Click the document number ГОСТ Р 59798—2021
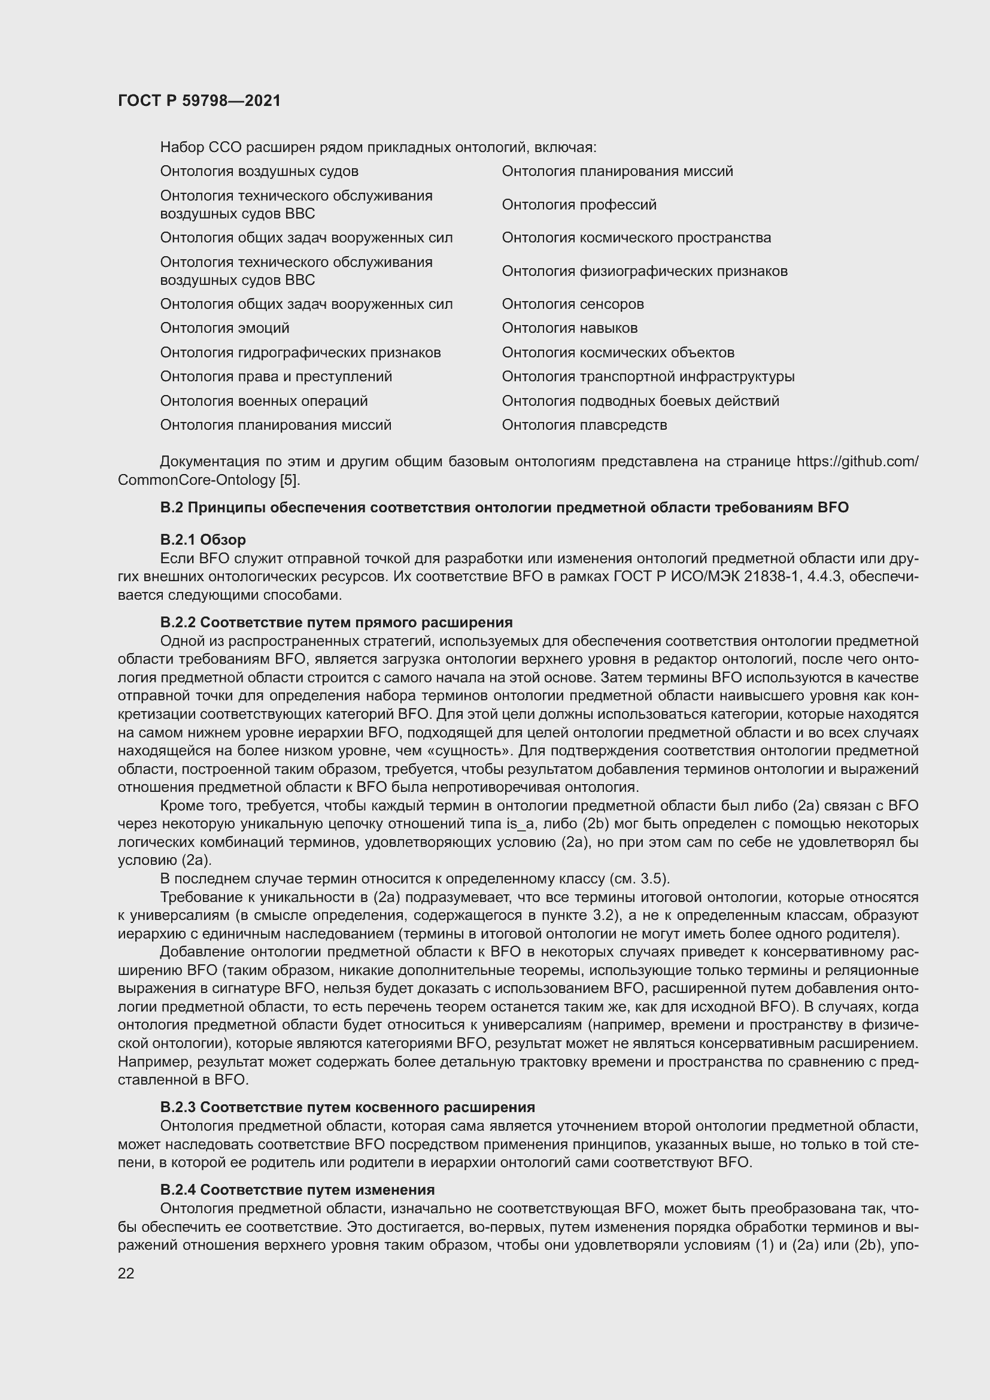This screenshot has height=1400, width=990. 199,101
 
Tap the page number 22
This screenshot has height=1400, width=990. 126,1273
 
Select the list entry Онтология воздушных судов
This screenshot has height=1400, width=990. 259,171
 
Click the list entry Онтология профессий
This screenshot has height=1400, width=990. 579,205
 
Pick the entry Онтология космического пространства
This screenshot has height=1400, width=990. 636,238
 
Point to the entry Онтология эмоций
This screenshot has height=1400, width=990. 224,328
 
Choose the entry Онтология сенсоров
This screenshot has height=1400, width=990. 572,304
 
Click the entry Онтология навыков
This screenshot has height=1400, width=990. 569,328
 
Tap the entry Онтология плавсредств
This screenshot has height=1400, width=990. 584,425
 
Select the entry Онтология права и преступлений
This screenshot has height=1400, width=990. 275,377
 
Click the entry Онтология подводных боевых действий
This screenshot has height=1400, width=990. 640,401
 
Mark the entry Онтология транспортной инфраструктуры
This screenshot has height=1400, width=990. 648,377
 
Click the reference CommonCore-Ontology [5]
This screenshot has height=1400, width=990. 208,481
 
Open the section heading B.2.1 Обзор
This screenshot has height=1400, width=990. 203,540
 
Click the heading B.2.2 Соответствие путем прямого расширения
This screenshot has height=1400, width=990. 336,622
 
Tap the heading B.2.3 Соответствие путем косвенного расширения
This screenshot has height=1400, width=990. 347,1107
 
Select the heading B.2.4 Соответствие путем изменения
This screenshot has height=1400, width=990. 297,1190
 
